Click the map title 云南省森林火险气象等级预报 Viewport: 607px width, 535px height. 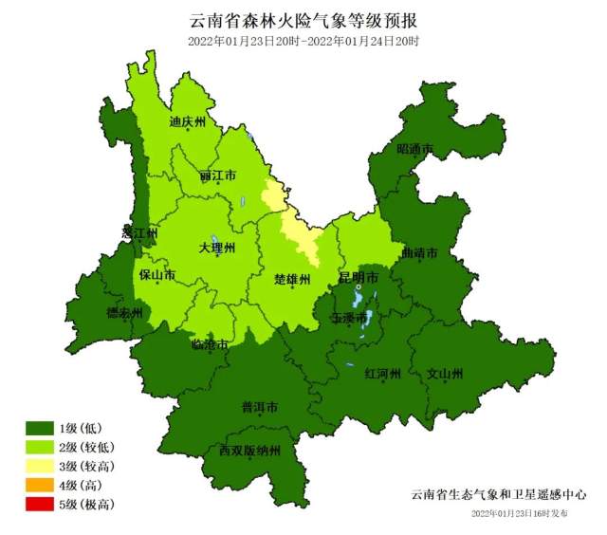click(x=303, y=20)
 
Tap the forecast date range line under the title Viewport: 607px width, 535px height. click(x=303, y=41)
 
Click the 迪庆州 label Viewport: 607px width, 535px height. click(x=187, y=121)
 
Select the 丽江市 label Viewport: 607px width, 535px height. click(x=218, y=176)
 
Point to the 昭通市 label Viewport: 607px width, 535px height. click(x=414, y=149)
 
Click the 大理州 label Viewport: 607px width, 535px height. click(x=216, y=248)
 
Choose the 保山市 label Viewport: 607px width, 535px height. click(x=156, y=276)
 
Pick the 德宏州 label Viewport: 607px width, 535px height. click(x=124, y=312)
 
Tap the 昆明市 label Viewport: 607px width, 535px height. click(x=359, y=277)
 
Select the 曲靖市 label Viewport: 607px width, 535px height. click(x=419, y=254)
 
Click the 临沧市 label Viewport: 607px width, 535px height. click(x=210, y=344)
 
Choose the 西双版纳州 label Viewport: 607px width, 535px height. click(x=249, y=451)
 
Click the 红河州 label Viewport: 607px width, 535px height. click(x=383, y=373)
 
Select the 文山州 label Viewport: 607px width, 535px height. click(x=445, y=373)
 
